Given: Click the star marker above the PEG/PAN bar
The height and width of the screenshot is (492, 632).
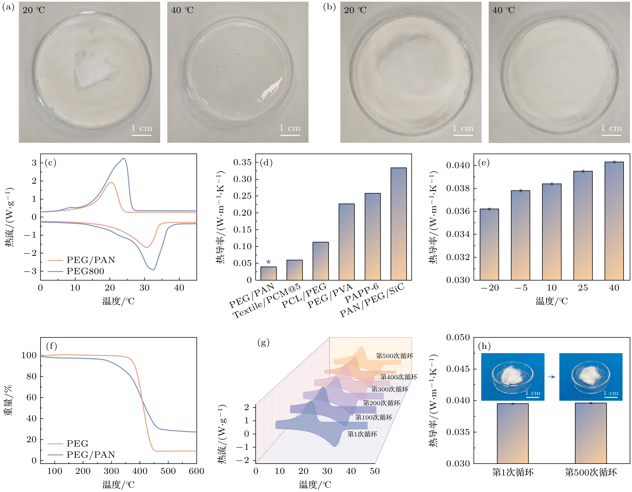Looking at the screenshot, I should pos(268,262).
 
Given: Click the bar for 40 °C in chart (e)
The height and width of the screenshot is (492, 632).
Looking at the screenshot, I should pos(614,221).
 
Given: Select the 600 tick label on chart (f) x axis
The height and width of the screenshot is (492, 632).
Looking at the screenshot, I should pos(196,471).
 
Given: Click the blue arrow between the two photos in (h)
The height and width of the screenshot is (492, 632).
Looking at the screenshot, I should pos(552,377).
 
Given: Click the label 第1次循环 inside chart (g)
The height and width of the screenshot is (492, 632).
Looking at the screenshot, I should pos(362,434).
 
